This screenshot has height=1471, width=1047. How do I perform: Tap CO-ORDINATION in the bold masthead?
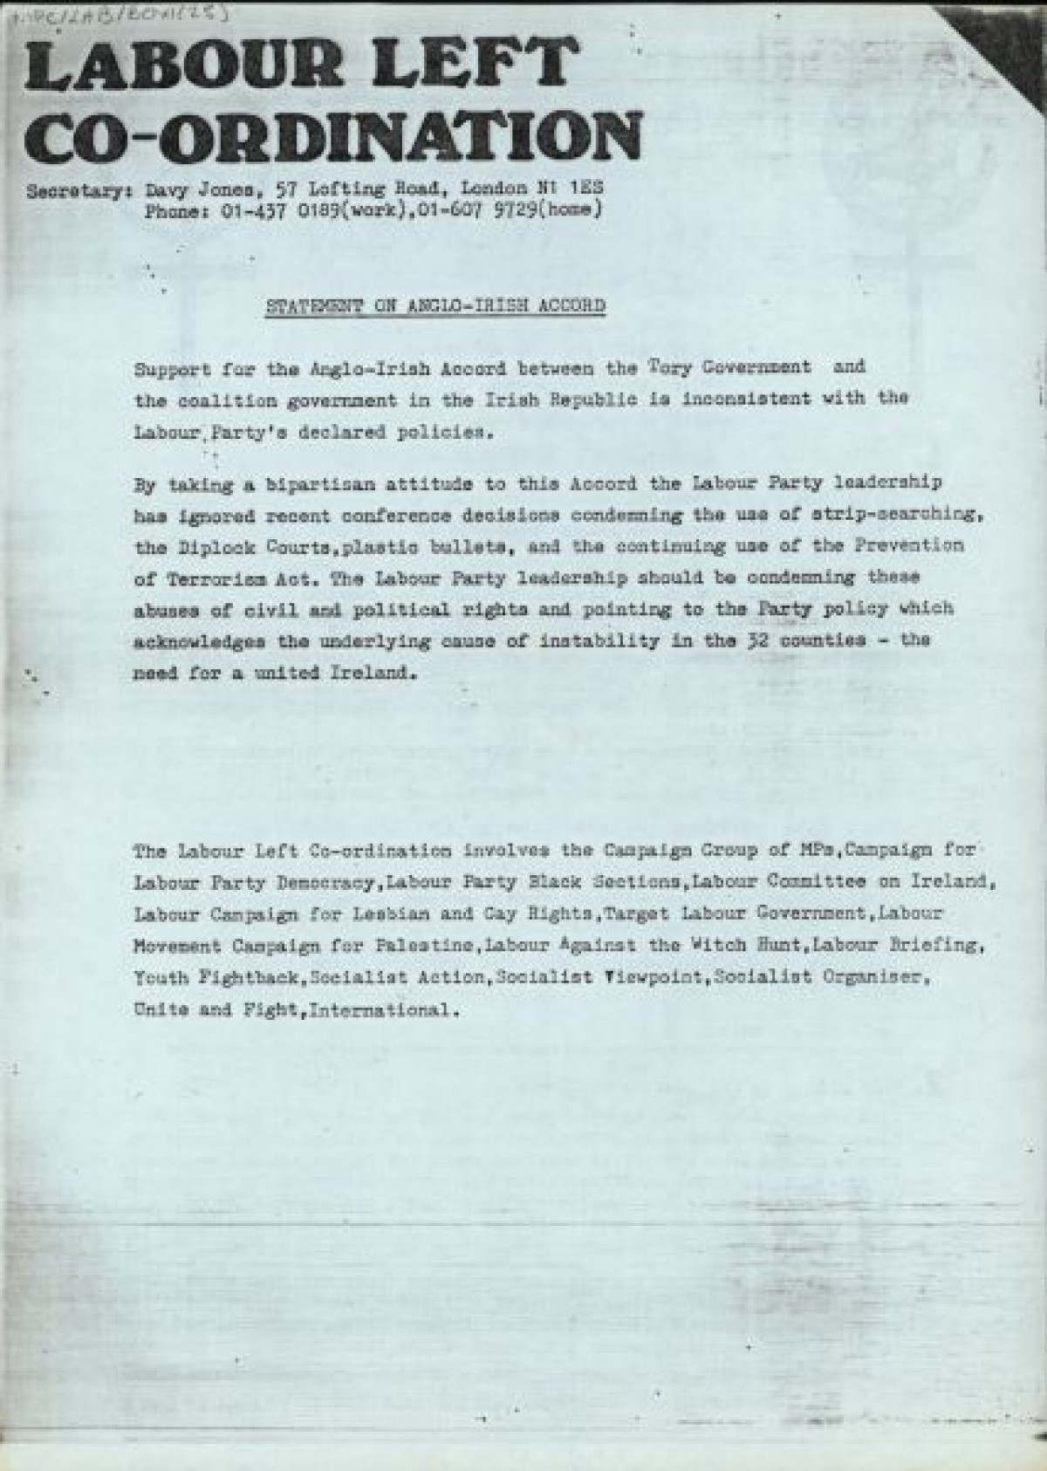333,137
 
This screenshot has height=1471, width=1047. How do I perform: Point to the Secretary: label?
78,190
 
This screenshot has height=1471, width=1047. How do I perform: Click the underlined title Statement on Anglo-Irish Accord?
435,306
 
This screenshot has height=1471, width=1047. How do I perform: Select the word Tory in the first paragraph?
668,366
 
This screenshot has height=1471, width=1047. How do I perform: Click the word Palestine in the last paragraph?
422,945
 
